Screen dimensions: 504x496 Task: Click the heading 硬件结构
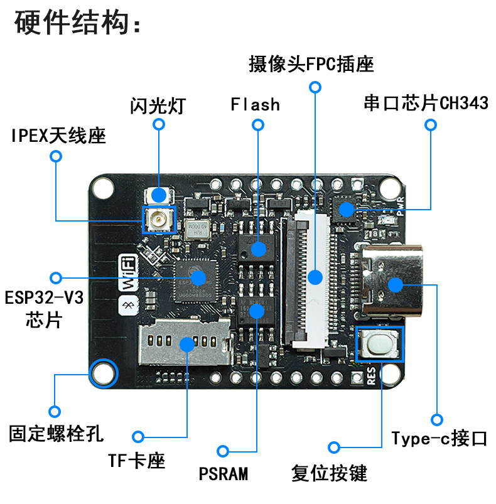77,24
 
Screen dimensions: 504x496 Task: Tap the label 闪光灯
158,104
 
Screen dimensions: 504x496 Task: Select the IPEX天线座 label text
58,135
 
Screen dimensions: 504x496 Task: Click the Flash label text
255,104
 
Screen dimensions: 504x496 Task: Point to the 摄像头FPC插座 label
311,64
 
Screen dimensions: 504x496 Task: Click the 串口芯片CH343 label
425,103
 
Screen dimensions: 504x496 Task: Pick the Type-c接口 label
439,438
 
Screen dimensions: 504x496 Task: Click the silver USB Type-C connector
392,284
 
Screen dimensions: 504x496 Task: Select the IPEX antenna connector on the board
158,220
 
